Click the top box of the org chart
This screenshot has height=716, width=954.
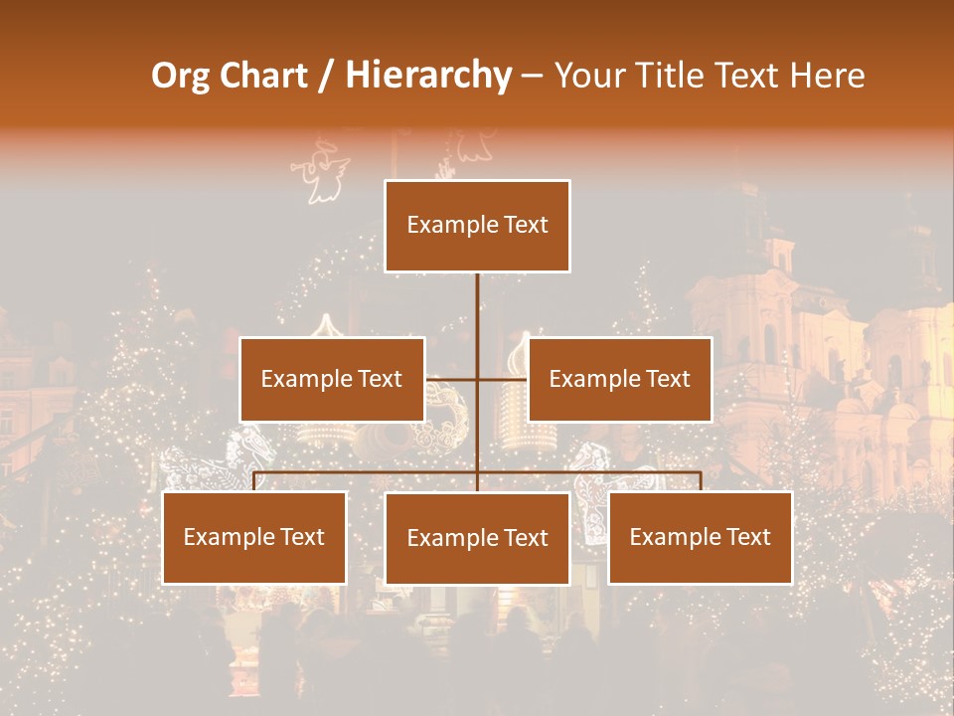[x=477, y=226]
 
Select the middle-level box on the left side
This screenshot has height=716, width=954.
[x=332, y=379]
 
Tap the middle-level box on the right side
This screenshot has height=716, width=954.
[x=619, y=379]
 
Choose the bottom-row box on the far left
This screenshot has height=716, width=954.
[x=254, y=537]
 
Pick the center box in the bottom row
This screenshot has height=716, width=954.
[x=477, y=538]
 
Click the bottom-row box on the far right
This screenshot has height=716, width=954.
[x=701, y=537]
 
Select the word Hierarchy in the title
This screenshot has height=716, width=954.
[x=428, y=76]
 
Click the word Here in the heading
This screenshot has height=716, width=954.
[x=828, y=76]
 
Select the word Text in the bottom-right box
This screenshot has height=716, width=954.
[x=748, y=537]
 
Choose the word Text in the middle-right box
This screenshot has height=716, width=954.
[x=667, y=379]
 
